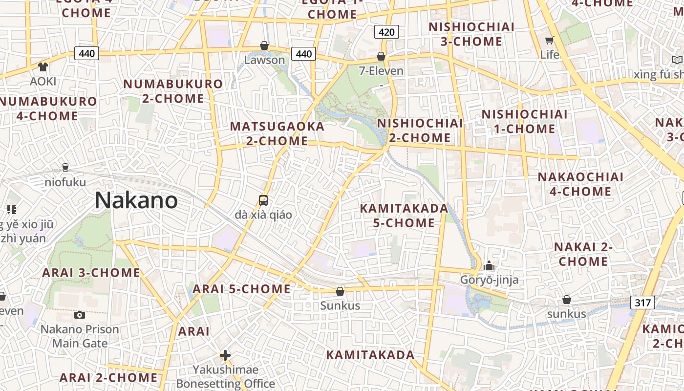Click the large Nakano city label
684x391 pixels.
[136, 200]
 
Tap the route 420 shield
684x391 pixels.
[386, 32]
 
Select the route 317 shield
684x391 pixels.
[642, 303]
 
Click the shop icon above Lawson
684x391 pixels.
[264, 45]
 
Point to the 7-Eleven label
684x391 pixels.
[381, 71]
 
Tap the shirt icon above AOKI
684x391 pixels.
[43, 66]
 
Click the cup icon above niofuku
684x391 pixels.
[65, 168]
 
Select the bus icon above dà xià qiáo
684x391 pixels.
[263, 200]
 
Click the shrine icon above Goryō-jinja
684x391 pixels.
[489, 265]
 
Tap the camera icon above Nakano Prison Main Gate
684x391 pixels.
[79, 315]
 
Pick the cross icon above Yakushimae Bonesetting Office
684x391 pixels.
[225, 355]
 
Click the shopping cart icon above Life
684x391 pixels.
[550, 40]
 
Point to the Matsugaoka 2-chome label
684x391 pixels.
[277, 133]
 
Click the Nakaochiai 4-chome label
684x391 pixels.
[580, 184]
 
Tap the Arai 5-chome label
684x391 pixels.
[241, 289]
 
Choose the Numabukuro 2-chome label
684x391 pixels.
[173, 91]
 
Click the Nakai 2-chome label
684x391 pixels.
[583, 254]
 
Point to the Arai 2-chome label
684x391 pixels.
[108, 378]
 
